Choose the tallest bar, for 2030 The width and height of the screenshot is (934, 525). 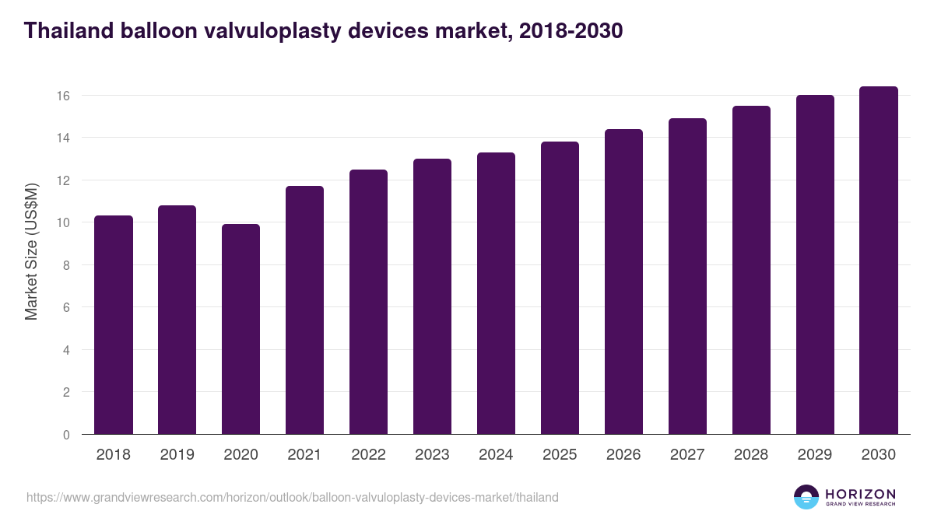click(x=879, y=261)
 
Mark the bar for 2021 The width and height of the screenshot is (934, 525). click(x=304, y=310)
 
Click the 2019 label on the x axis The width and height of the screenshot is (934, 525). click(x=177, y=455)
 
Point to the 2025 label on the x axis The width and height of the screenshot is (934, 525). click(x=560, y=455)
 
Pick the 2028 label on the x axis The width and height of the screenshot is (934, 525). click(x=751, y=455)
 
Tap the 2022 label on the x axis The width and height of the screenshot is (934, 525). click(x=368, y=455)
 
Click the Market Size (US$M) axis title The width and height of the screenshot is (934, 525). click(x=32, y=250)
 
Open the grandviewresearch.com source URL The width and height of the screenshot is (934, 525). click(x=292, y=497)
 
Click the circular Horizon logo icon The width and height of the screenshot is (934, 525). click(x=806, y=497)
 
